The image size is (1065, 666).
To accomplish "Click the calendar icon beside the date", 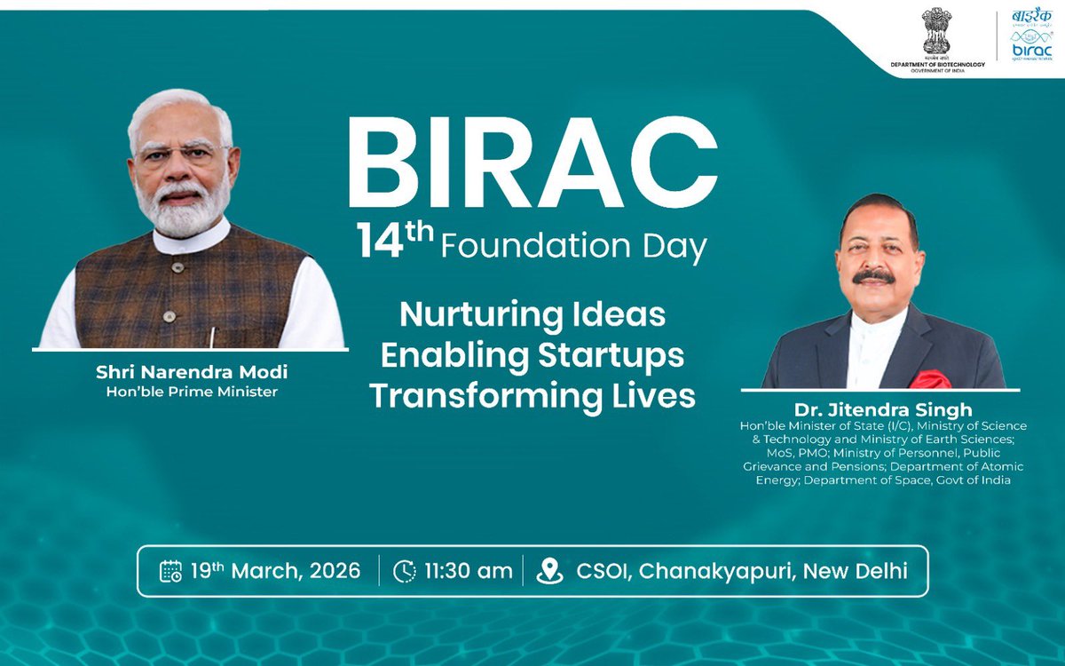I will point(170,570).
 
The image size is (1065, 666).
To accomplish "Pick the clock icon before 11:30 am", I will point(404,570).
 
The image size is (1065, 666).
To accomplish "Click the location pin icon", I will point(550,570).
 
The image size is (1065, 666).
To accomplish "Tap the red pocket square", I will point(932,379).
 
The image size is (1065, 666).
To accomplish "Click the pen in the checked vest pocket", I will point(212,337).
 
